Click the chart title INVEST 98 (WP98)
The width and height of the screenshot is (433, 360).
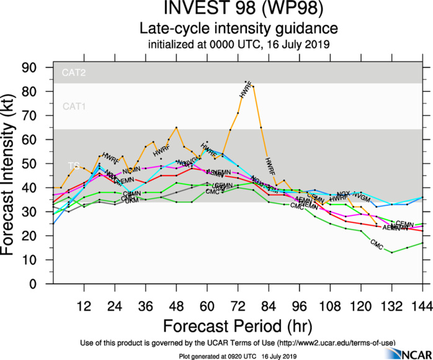tap(238, 10)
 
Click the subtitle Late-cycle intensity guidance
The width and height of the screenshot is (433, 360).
tap(238, 29)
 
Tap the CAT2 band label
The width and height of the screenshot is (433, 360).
tap(74, 73)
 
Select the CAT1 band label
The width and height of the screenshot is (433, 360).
tap(74, 107)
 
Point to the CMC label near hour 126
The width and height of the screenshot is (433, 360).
tap(376, 244)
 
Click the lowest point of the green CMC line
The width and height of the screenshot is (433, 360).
tap(391, 253)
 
